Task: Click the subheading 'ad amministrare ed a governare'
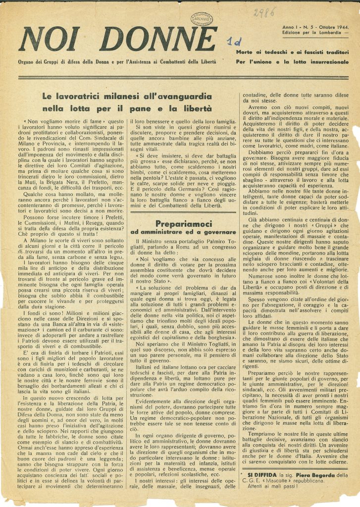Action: pyautogui.click(x=183, y=232)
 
